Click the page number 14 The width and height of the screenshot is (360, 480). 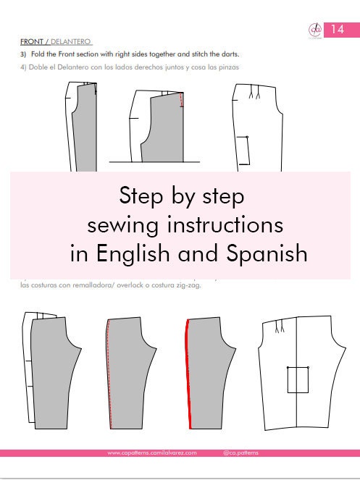click(x=338, y=29)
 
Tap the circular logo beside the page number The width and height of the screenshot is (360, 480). click(x=315, y=30)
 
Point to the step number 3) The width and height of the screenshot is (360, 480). click(x=24, y=55)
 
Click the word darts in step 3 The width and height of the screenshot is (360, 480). click(x=227, y=55)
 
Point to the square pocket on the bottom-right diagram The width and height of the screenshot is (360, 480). click(x=298, y=379)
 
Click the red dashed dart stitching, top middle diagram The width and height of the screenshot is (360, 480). click(x=181, y=102)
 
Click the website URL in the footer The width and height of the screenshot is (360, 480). click(x=151, y=453)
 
